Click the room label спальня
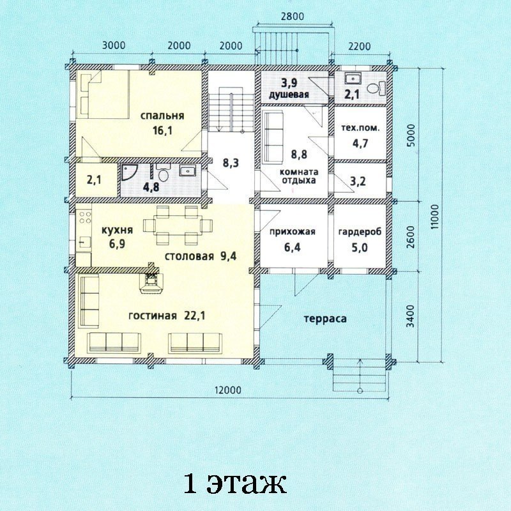162,116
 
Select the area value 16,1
162,131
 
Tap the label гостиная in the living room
153,316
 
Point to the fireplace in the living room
151,282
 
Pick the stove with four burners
84,217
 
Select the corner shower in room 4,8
130,172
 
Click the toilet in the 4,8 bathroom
163,173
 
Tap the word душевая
289,95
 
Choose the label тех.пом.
360,128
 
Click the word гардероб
360,232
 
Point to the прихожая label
293,232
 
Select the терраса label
325,319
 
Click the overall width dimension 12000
228,390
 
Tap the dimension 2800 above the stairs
293,17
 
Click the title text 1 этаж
235,483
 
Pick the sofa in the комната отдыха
273,137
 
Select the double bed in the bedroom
103,95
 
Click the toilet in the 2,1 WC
376,88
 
